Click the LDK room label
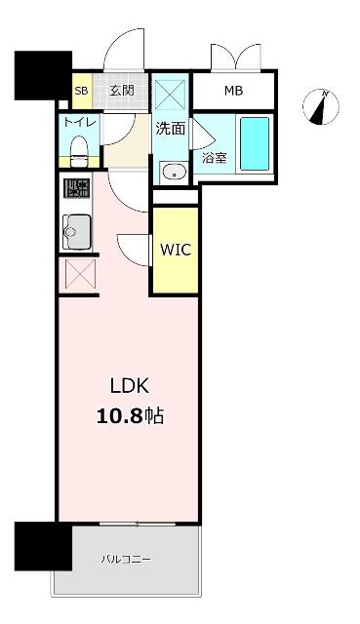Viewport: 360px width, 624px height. tap(130, 386)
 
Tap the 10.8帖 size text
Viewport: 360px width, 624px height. tap(130, 416)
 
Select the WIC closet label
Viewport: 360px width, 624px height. tap(176, 250)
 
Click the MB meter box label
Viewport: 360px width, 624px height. tap(233, 91)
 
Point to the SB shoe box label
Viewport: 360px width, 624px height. tap(81, 91)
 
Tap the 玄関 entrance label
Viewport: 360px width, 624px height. tap(121, 91)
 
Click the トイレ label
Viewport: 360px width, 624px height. tap(80, 122)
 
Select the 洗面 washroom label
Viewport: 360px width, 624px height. tap(171, 128)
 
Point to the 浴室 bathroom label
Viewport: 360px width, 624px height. tap(215, 158)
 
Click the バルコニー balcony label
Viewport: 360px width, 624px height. tap(126, 559)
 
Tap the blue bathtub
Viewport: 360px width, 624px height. tap(255, 143)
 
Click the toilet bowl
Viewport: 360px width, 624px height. tap(79, 151)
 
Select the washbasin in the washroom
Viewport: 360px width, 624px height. tap(175, 173)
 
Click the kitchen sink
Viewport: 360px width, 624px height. tap(76, 232)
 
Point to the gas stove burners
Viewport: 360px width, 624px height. tap(76, 188)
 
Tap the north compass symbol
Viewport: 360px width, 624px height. tap(321, 106)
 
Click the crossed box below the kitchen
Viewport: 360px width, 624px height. tap(81, 274)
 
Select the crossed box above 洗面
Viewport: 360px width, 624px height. tap(170, 95)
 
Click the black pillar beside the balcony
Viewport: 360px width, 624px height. tap(43, 546)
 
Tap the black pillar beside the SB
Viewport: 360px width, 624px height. tap(43, 76)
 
